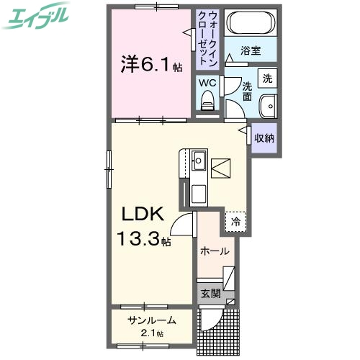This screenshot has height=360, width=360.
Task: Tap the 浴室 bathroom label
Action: tap(251, 51)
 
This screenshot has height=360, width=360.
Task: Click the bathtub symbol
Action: tap(248, 24)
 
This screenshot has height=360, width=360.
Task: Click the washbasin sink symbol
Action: tap(268, 105)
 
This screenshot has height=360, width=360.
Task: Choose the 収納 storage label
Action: tap(264, 138)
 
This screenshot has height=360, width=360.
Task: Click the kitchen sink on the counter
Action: tap(198, 161)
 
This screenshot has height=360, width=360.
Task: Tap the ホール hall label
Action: tap(214, 252)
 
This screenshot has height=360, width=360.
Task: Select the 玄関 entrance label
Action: tap(210, 294)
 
